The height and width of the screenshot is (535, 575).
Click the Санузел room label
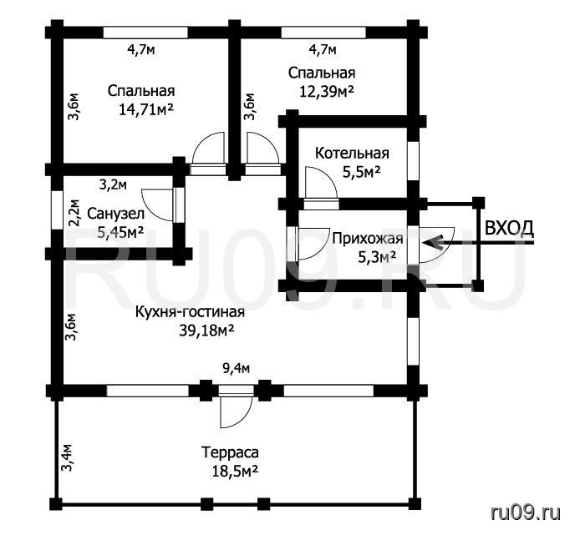point(115,214)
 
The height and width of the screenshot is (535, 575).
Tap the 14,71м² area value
point(146,109)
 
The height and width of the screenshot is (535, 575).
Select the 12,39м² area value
point(327,91)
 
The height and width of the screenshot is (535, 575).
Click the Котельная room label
point(352,153)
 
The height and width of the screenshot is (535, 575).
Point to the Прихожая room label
point(368,239)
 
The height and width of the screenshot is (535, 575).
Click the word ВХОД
point(509,228)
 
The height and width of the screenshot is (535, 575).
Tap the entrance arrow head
point(430,243)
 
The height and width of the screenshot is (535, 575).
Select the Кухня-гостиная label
point(190,312)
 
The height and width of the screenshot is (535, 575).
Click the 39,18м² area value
point(206,331)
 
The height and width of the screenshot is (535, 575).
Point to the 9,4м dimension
point(237,368)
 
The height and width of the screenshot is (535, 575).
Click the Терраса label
point(230,452)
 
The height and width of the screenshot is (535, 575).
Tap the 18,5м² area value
point(235,471)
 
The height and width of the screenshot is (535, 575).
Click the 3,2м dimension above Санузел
point(114,185)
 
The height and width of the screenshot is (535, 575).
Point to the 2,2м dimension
point(74,213)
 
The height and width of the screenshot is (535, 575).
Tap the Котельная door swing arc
point(328,175)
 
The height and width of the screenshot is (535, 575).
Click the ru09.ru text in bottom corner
point(526,513)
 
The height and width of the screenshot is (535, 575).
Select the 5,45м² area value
point(120,232)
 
